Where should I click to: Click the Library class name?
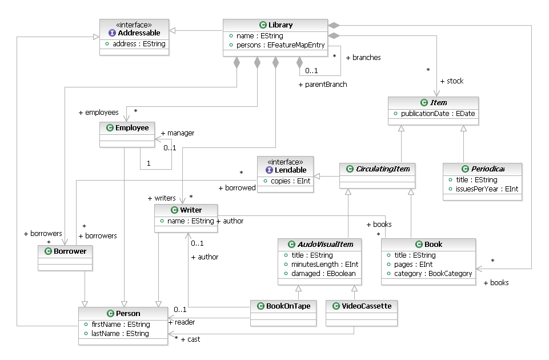(x=280, y=25)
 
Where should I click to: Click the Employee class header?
(x=131, y=127)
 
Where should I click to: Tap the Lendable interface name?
(x=291, y=170)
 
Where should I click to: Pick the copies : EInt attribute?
(x=284, y=181)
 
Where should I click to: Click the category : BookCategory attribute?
(x=433, y=273)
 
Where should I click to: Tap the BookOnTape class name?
(x=288, y=306)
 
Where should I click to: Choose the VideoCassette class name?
(x=365, y=306)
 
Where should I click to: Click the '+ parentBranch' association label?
(x=322, y=85)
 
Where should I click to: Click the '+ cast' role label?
(x=190, y=339)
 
